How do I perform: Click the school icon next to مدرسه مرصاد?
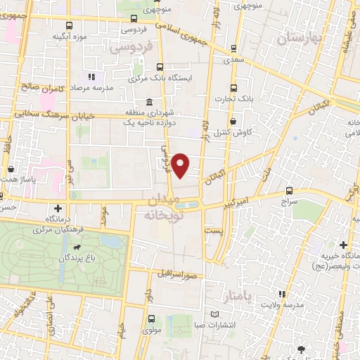[90, 77]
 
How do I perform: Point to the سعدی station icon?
[233, 49]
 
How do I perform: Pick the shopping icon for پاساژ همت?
[11, 169]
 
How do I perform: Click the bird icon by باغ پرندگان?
[75, 247]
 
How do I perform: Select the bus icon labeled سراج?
[289, 190]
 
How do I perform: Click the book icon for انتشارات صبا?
[215, 314]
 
